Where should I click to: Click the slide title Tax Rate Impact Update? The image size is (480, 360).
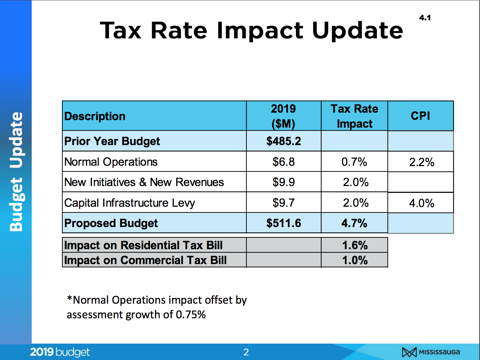pos(251,30)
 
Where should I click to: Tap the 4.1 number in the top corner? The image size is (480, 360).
pos(425,18)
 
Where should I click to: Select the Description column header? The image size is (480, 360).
pos(95,116)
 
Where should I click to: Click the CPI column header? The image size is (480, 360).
pos(421,116)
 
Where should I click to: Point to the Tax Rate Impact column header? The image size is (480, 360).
pos(354,116)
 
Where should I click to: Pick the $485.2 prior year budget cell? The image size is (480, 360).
pos(283,141)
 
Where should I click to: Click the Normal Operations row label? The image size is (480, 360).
pos(111,162)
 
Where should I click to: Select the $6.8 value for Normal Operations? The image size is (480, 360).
pos(283,162)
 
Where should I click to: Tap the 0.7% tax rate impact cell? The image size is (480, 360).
pos(354,162)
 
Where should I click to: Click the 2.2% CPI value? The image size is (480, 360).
pos(422,162)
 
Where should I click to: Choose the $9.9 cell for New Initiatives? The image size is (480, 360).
pos(283,182)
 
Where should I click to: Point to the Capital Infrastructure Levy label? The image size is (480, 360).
pos(130,203)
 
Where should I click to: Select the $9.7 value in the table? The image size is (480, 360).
pos(283,203)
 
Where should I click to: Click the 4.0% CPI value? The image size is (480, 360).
pos(422,203)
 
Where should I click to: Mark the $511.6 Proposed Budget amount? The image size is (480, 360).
pos(283,223)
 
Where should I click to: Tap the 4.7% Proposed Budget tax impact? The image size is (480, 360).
pos(354,223)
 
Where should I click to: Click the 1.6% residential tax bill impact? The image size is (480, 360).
pos(355,245)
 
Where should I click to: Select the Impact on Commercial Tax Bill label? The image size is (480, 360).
pos(145,260)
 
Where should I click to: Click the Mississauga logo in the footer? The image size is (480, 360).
pos(431,352)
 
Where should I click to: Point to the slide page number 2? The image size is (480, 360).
pos(246,352)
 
